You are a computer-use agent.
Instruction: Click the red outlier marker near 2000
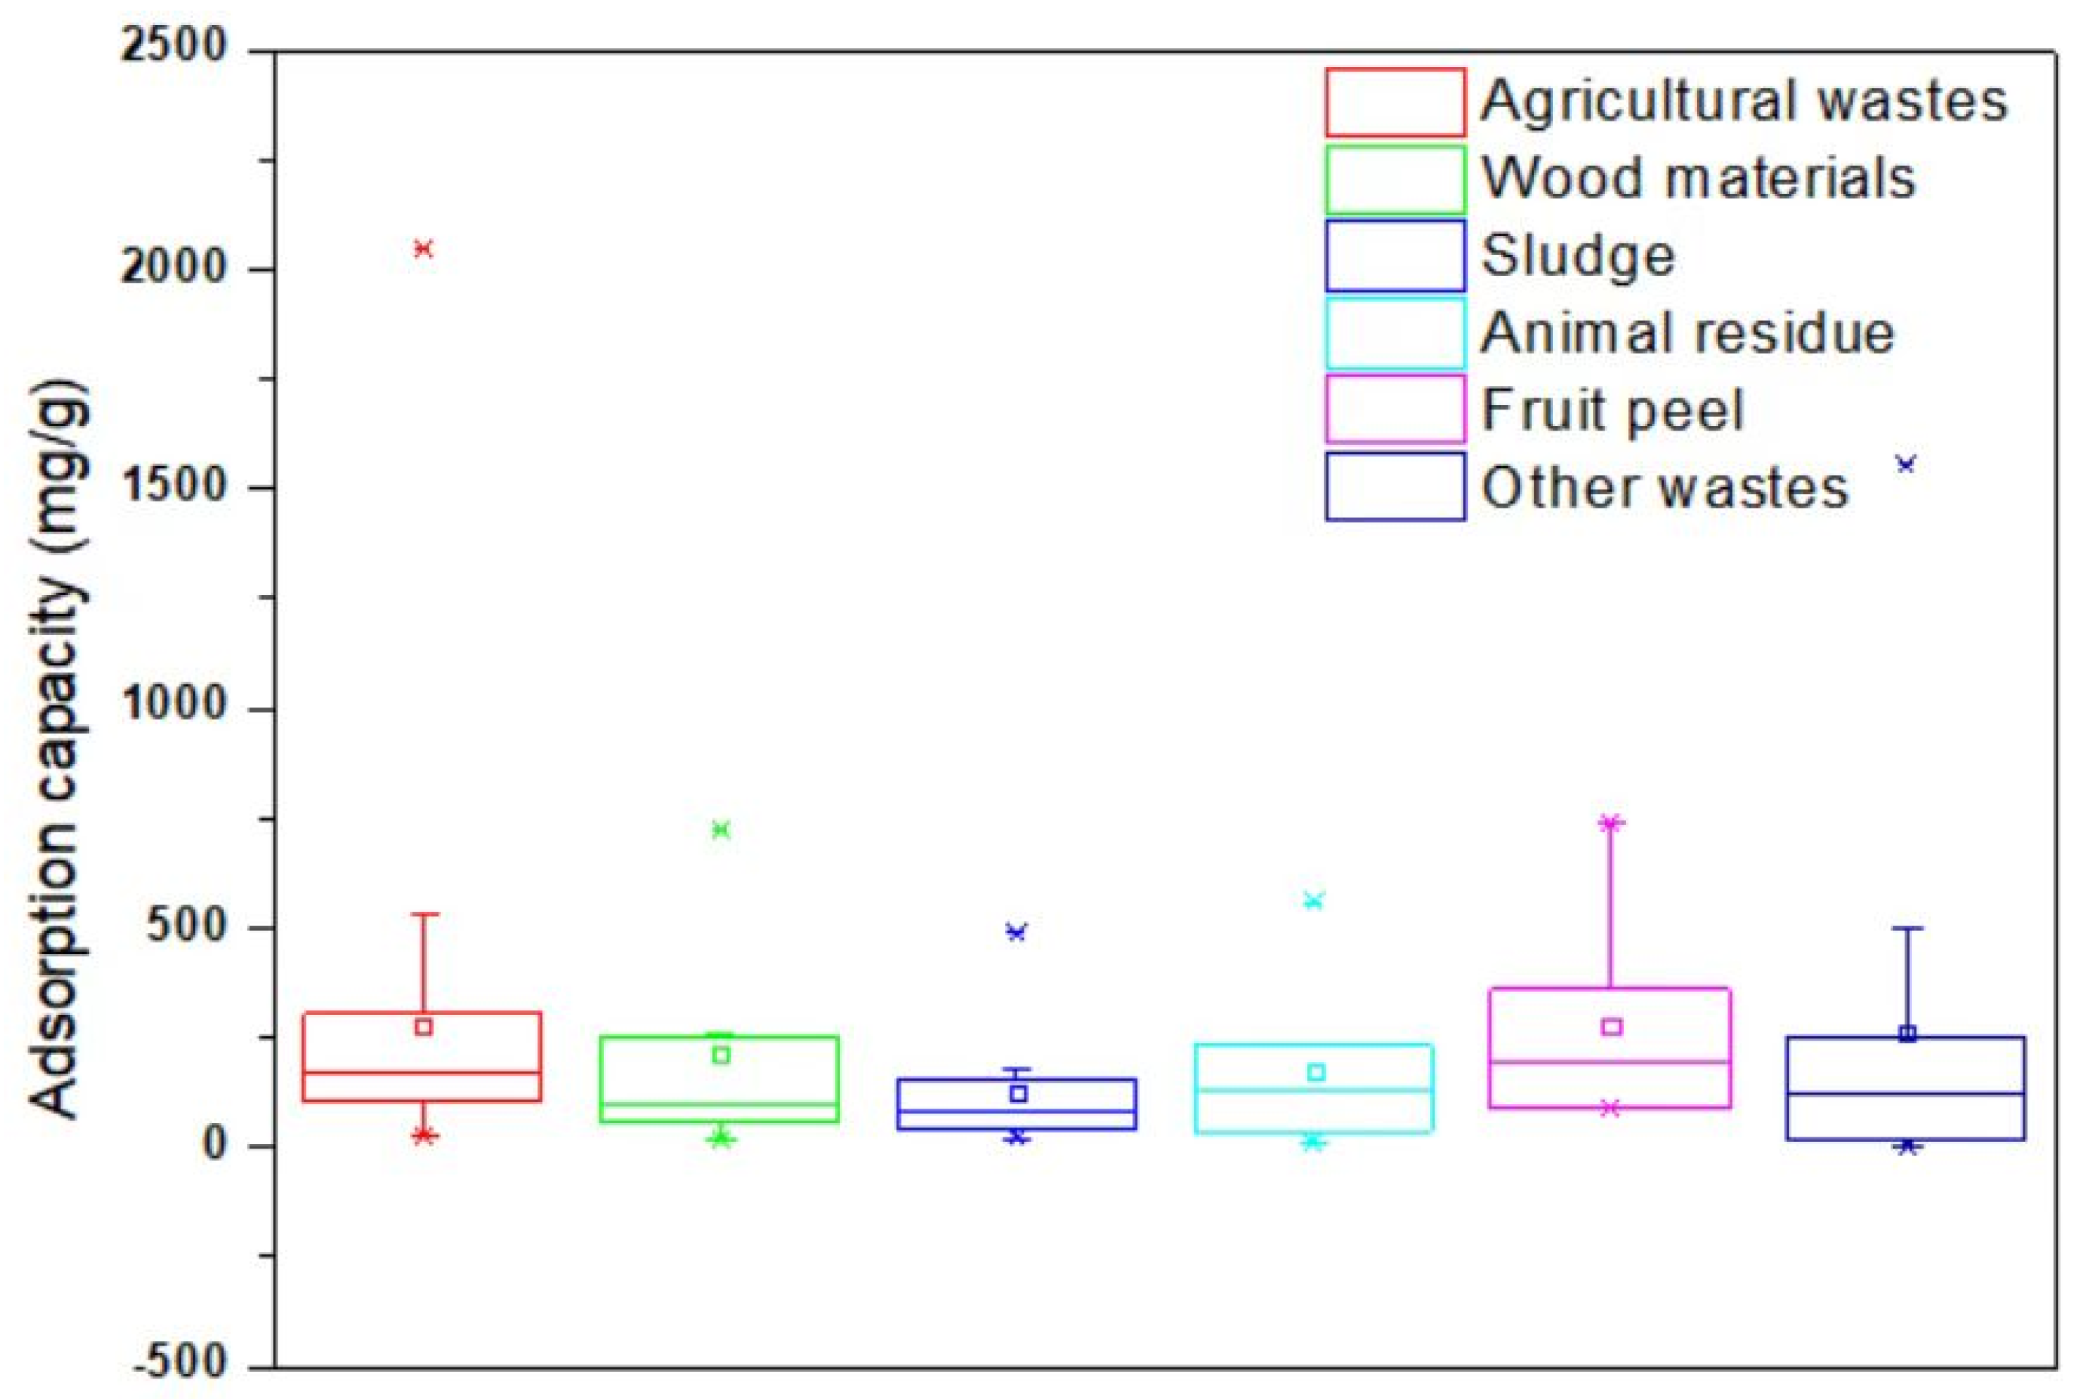click(x=424, y=249)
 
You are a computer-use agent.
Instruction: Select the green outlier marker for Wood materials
click(x=721, y=830)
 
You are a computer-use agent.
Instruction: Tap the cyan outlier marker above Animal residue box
click(x=1314, y=900)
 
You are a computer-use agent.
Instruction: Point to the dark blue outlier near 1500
click(x=1906, y=464)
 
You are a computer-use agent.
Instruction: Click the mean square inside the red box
click(x=424, y=1027)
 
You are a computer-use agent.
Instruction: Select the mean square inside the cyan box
click(x=1316, y=1072)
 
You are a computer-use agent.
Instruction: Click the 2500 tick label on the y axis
click(x=174, y=47)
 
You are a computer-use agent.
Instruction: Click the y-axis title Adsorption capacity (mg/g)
click(x=60, y=750)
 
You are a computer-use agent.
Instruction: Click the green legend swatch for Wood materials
click(x=1395, y=179)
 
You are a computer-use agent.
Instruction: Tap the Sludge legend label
click(x=1578, y=256)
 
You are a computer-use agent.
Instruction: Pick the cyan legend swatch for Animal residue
click(x=1395, y=333)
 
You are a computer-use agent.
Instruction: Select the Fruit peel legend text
click(x=1613, y=410)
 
